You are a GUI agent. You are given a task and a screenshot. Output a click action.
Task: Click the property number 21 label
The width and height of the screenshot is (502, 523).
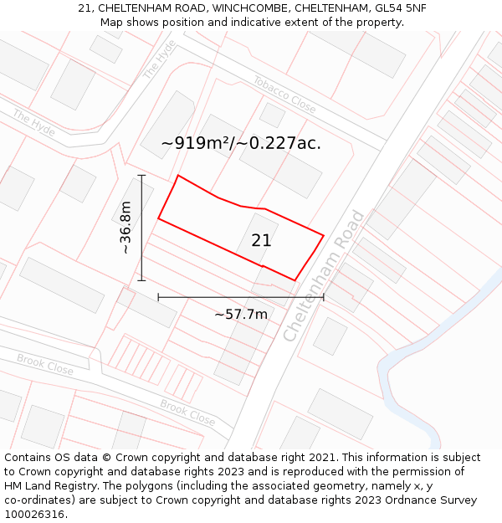pyautogui.click(x=261, y=240)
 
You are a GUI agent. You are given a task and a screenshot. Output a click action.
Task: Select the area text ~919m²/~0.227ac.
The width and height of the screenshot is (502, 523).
pyautogui.click(x=241, y=143)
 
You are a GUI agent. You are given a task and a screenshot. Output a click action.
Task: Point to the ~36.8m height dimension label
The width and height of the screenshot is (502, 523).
pyautogui.click(x=125, y=228)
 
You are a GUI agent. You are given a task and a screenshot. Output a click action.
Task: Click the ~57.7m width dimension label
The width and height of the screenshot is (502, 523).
pyautogui.click(x=241, y=315)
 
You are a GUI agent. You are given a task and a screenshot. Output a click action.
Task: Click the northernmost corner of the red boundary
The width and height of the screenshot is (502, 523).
pyautogui.click(x=178, y=176)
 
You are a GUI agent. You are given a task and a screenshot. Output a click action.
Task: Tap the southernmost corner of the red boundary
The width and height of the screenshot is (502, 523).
pyautogui.click(x=295, y=280)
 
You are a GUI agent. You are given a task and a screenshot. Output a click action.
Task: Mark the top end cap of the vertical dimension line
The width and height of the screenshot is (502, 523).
pyautogui.click(x=142, y=175)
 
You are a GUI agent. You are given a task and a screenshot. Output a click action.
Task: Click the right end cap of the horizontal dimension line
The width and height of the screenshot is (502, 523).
pyautogui.click(x=324, y=297)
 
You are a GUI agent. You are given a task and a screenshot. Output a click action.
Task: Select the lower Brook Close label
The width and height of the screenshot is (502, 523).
pyautogui.click(x=187, y=411)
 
